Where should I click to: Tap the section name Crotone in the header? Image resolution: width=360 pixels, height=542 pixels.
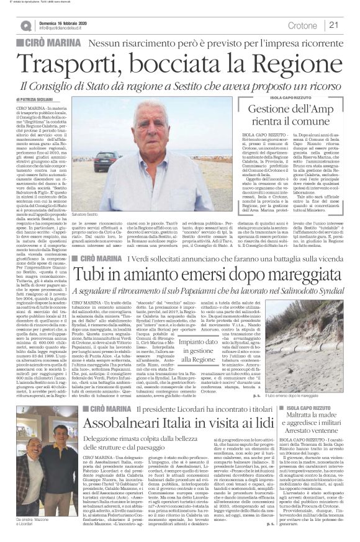click(x=302, y=25)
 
